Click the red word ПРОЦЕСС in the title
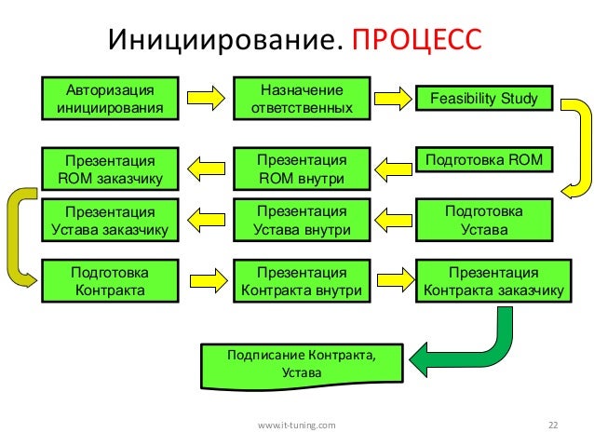416,41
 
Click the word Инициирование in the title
225,41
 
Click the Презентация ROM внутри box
301,168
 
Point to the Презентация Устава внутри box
301,220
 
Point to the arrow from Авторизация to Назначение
206,97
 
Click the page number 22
553,425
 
